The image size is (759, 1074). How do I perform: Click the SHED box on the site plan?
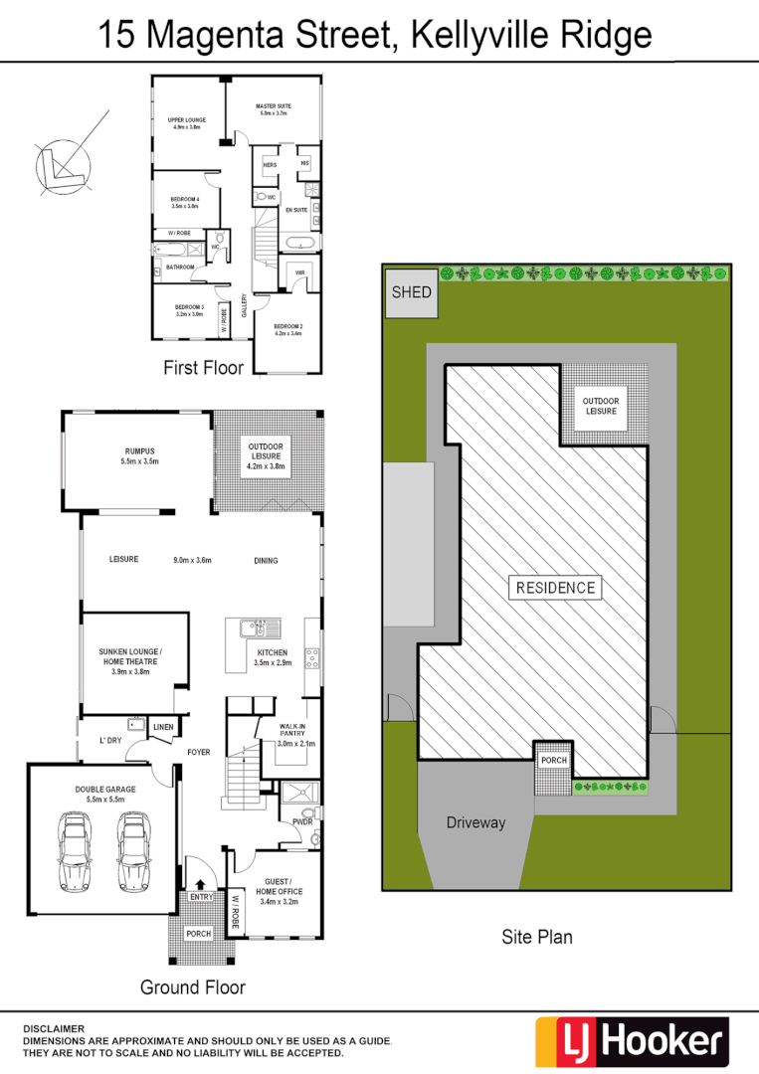click(412, 292)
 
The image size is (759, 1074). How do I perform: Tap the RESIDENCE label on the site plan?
click(555, 588)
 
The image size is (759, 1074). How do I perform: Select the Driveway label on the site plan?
click(475, 822)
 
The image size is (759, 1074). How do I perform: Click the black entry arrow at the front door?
click(201, 884)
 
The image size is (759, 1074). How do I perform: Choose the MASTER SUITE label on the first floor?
click(273, 109)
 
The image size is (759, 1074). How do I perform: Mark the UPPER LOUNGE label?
click(186, 123)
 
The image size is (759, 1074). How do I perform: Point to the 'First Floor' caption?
click(203, 368)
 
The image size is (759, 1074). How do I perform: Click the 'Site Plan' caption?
click(538, 936)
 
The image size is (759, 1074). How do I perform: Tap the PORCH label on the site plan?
click(553, 760)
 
